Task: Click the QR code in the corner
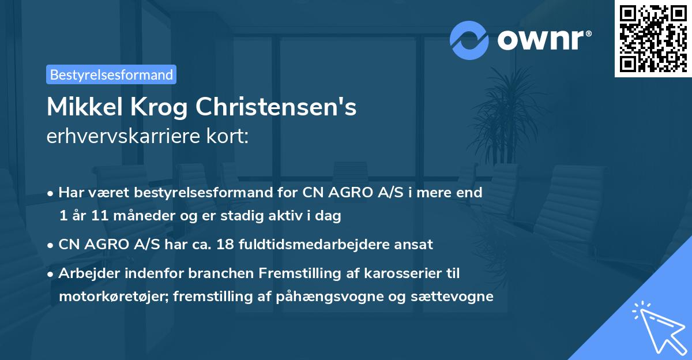pos(653,38)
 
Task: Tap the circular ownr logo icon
pos(470,40)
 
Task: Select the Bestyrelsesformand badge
pos(111,74)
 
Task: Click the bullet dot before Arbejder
pos(51,273)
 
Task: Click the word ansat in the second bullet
pos(413,244)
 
